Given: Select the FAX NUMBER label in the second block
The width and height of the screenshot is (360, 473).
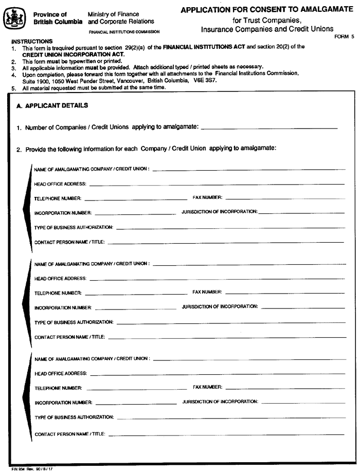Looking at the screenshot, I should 207,292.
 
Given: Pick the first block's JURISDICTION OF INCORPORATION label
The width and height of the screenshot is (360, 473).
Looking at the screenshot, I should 220,212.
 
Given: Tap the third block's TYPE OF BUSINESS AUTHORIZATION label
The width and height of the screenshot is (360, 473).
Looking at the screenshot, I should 74,417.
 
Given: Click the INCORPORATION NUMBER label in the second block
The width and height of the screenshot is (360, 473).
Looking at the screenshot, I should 63,307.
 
